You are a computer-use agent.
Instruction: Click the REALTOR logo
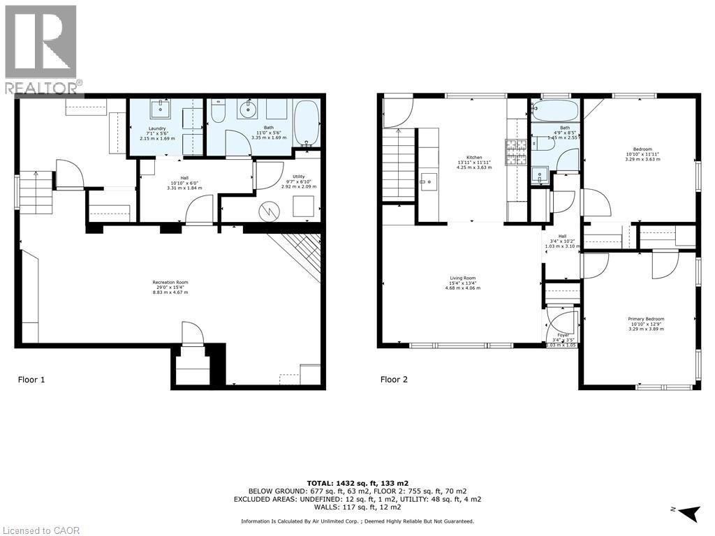42,49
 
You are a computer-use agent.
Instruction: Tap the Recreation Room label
170,287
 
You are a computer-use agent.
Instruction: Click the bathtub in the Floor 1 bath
306,124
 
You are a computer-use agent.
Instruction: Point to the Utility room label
298,182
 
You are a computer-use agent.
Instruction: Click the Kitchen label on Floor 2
474,163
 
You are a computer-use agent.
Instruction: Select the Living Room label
462,283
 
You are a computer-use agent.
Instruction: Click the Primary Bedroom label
645,323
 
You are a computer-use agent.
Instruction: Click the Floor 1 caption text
31,380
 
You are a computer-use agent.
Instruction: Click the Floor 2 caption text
394,380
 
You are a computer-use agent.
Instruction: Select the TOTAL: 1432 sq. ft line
357,483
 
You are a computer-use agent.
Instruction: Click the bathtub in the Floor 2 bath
554,110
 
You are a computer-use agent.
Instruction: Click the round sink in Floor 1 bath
247,108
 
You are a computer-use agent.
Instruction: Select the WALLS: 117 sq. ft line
357,508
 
